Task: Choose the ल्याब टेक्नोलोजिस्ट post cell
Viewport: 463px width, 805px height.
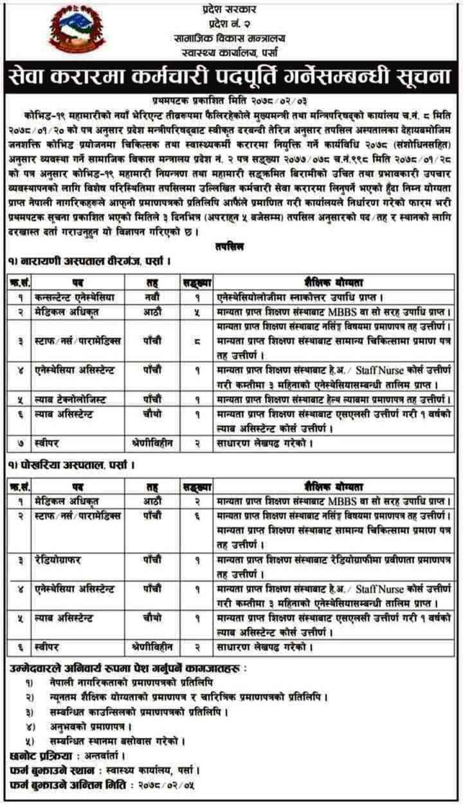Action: pyautogui.click(x=71, y=399)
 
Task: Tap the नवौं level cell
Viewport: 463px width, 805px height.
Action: pyautogui.click(x=154, y=298)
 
